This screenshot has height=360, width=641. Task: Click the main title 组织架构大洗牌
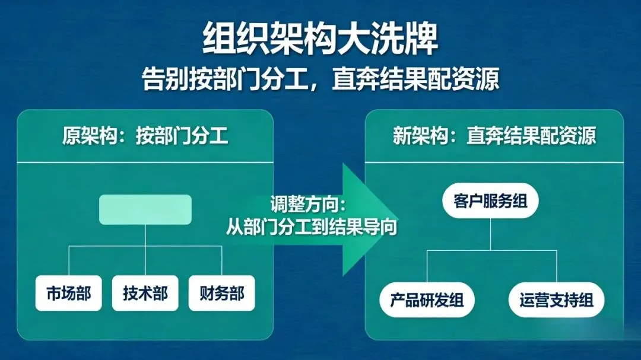(320, 40)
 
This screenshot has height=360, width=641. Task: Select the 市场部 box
(69, 293)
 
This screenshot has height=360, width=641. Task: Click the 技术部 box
(145, 293)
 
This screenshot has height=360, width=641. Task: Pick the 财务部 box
(222, 293)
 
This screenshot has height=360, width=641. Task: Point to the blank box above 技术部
(145, 209)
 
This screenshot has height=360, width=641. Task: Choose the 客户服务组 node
(490, 202)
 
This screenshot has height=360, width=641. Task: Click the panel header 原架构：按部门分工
(145, 137)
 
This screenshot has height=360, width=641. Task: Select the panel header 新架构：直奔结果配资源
(494, 137)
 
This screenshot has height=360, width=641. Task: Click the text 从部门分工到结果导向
(311, 227)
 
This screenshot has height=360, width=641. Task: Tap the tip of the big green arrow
(397, 219)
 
